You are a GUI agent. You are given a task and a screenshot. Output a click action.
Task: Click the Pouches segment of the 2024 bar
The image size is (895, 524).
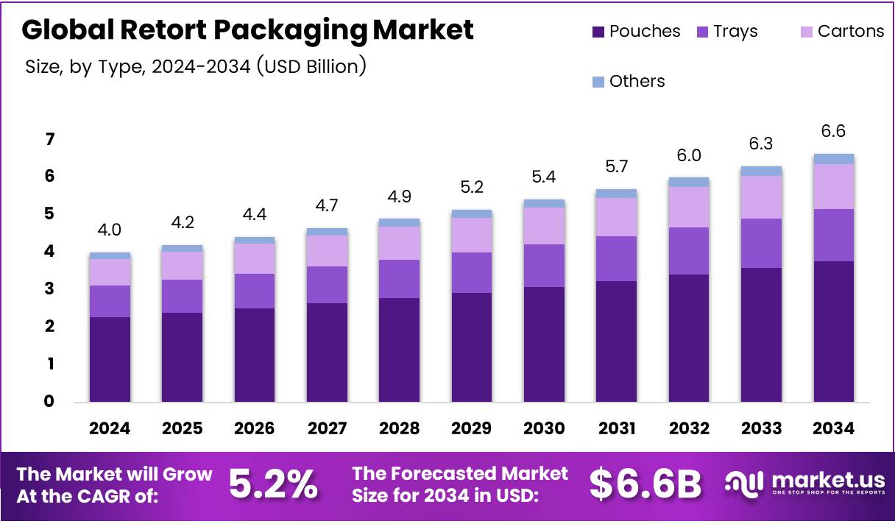tap(110, 359)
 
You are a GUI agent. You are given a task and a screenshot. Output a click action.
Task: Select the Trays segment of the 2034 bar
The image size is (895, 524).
tap(833, 235)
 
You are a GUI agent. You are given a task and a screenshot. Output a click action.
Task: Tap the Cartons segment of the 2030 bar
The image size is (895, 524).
tap(544, 226)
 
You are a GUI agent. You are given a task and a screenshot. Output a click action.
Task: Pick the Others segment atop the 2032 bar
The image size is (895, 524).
tap(689, 182)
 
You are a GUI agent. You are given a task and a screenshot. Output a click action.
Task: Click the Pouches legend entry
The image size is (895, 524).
tap(636, 32)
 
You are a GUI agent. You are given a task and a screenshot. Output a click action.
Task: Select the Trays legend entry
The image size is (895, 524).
tap(727, 32)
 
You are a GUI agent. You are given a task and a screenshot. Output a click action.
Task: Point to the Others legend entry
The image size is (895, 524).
tap(629, 82)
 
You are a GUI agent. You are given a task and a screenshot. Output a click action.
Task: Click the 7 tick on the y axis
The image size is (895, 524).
tap(49, 139)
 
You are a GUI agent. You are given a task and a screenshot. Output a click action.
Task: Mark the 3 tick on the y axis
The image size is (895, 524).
tap(49, 289)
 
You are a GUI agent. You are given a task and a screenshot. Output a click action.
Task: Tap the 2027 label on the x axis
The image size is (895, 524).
tap(327, 428)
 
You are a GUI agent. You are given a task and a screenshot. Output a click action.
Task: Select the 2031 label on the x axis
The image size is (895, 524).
tap(616, 428)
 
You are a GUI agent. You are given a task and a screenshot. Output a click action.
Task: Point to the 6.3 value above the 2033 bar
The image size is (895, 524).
tap(761, 144)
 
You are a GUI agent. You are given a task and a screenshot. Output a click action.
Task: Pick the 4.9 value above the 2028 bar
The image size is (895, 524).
tap(399, 196)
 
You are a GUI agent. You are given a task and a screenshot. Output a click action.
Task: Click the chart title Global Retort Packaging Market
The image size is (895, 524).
tap(247, 30)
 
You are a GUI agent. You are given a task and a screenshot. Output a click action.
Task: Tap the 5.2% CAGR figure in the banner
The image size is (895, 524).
tap(273, 484)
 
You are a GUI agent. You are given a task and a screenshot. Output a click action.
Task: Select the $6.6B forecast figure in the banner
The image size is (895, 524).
tap(645, 484)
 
